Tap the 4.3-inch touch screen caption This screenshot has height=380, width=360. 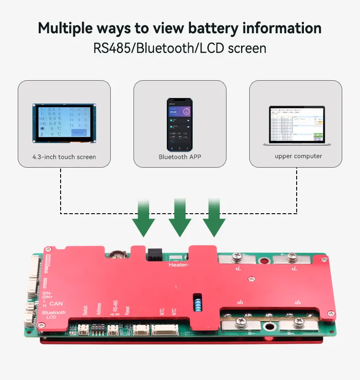coord(64,157)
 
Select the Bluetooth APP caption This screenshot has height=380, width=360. coord(180,157)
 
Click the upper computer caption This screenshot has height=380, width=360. coord(298,156)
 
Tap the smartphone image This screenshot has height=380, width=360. coord(180,124)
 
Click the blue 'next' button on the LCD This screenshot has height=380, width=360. coord(78,132)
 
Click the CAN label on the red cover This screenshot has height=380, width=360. coord(56,303)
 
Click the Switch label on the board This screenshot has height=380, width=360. coord(85,310)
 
